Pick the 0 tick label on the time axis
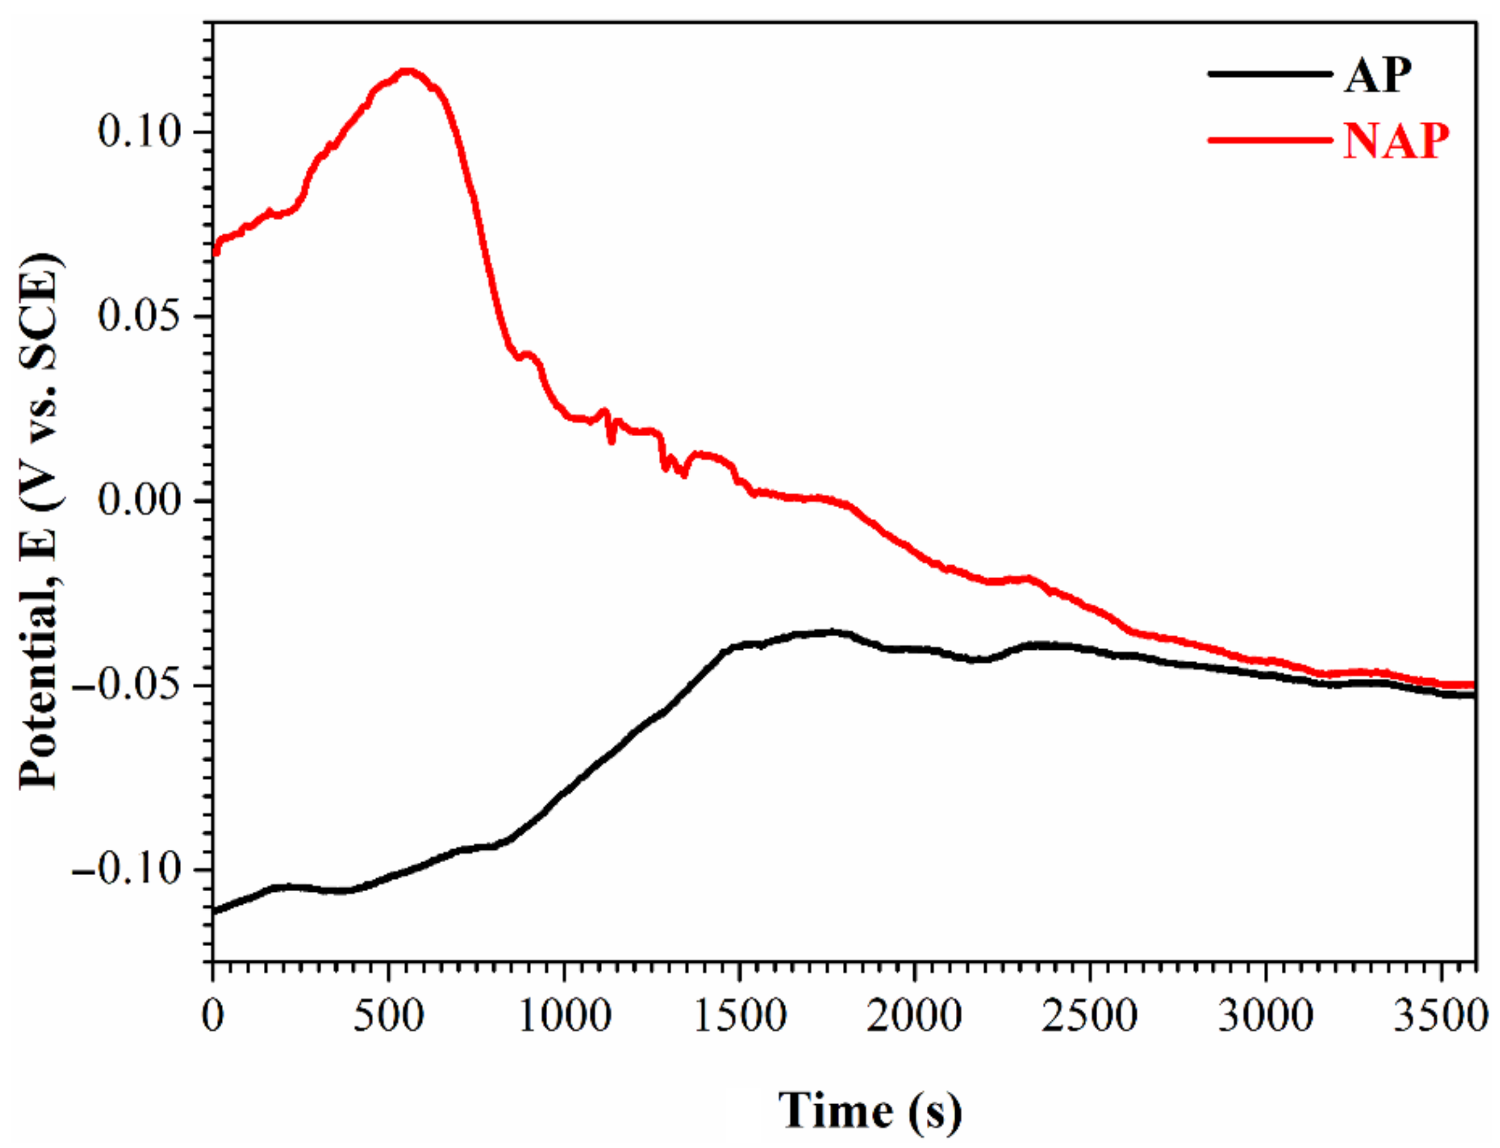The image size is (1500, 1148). [213, 1016]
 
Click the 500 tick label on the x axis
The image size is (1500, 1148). [389, 1016]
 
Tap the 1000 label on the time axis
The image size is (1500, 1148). [564, 1016]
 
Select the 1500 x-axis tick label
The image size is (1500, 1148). [740, 1016]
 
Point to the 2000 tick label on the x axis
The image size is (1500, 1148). [914, 1016]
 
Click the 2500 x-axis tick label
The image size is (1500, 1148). [1090, 1016]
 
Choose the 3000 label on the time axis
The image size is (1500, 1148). [1266, 1016]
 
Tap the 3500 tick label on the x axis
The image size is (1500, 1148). [1440, 1016]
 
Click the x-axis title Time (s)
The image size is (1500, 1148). [870, 1110]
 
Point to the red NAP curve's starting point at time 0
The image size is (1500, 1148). [215, 251]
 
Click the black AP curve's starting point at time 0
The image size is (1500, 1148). [215, 910]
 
